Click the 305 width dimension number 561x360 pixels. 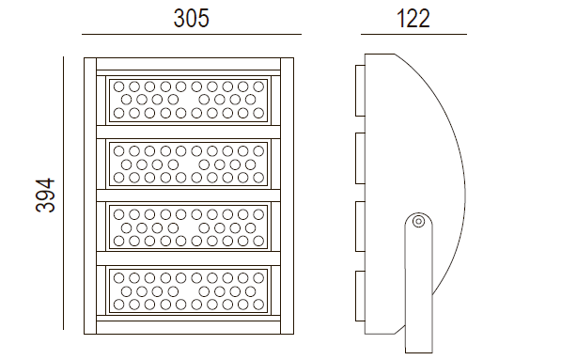191,18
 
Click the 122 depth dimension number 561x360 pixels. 413,18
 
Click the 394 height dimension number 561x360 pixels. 45,196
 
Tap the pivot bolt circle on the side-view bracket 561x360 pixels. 418,222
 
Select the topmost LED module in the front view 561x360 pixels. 189,101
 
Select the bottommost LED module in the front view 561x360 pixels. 189,291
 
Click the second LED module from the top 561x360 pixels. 189,164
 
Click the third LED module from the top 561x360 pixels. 189,227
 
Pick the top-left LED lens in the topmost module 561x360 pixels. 118,86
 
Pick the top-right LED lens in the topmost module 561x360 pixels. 258,86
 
